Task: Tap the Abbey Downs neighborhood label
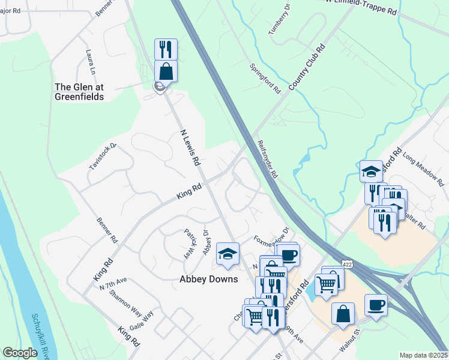tap(209, 279)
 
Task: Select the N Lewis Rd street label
tap(190, 147)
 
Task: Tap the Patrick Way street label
tap(190, 242)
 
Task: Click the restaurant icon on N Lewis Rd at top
tap(166, 50)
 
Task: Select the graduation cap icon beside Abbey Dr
tap(228, 254)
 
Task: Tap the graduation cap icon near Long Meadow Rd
tap(372, 170)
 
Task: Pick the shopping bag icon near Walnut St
tap(343, 314)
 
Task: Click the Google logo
tap(20, 353)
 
